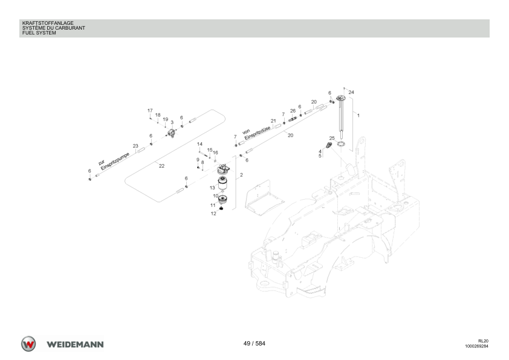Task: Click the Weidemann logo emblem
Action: tap(28, 344)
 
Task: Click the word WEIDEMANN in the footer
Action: tap(75, 344)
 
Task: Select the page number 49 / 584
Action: tap(254, 344)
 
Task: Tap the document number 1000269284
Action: tap(476, 346)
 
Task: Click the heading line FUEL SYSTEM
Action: tap(39, 33)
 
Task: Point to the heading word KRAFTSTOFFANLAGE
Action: tap(48, 23)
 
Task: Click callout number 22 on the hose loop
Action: tap(161, 166)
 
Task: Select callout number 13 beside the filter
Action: tap(212, 188)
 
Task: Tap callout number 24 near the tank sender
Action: tap(351, 93)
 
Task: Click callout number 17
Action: tap(150, 111)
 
